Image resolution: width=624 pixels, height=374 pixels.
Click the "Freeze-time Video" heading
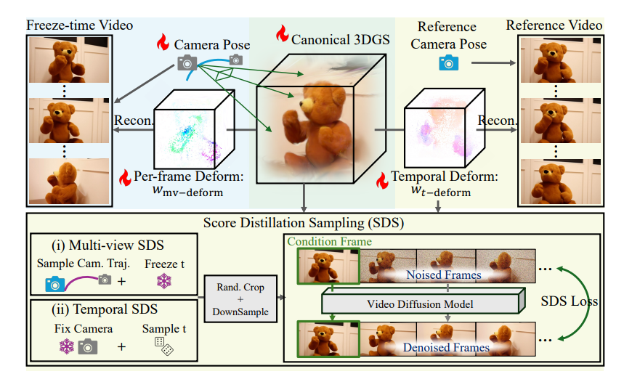79,25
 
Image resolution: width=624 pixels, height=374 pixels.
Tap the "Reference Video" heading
554,25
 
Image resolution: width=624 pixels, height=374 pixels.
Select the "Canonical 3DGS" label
336,38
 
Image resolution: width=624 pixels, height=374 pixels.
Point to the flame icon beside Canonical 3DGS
283,34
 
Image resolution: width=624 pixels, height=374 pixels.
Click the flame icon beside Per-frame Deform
126,176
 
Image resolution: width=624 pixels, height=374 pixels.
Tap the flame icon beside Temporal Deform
381,179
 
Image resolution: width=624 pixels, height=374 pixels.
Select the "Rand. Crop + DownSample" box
239,298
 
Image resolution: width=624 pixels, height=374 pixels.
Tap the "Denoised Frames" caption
446,347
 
